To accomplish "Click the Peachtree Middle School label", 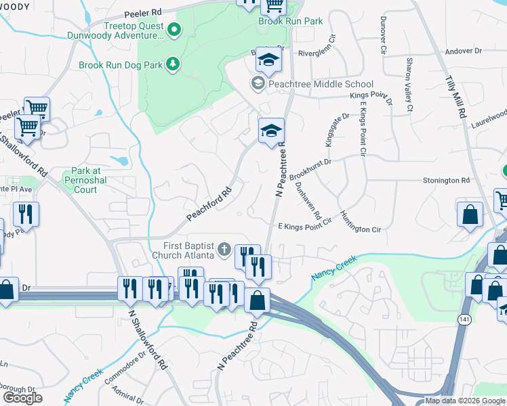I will pos(321,84).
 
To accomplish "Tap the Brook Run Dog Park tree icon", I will pos(174,64).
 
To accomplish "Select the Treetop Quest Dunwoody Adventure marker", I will pos(174,29).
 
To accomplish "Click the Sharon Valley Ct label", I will pos(409,84).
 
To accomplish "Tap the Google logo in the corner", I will pos(22,398).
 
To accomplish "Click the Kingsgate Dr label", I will pos(336,125).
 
